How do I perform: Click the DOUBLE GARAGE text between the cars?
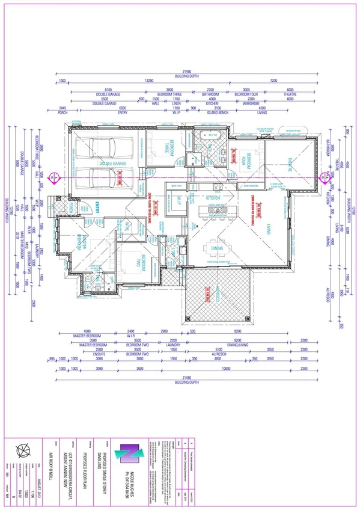pos(112,163)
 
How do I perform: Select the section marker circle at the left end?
pos(53,177)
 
